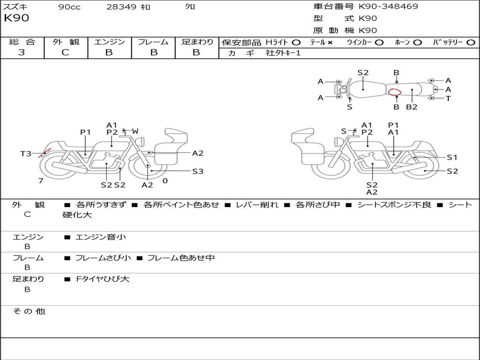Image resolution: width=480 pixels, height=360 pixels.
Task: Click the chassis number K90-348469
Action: (388, 7)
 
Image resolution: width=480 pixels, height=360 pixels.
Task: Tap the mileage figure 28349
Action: (121, 7)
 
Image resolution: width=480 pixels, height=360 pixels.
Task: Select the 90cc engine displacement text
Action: (69, 7)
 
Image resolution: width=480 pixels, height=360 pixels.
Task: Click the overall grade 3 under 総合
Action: (22, 52)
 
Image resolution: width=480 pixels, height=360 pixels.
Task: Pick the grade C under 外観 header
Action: (65, 52)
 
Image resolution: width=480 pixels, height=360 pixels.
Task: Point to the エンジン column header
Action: (109, 42)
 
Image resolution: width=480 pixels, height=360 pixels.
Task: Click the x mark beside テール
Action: (330, 43)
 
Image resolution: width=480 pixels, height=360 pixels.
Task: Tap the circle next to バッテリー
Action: (471, 43)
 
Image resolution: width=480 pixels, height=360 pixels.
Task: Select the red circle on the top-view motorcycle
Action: (395, 92)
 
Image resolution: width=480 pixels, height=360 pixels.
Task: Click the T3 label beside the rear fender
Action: (26, 153)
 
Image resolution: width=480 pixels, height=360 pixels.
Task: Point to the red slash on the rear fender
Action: (45, 153)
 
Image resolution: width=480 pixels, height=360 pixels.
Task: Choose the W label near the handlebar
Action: (135, 131)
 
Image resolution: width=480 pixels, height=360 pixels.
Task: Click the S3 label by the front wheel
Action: (198, 172)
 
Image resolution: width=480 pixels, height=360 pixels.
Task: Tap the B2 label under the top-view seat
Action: (412, 107)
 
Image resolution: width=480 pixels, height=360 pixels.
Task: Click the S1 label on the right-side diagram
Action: (452, 157)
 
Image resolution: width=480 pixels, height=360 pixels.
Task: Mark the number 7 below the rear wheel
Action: (41, 181)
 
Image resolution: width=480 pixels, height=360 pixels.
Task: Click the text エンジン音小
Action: (101, 237)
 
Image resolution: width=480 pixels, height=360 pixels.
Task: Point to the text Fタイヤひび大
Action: (103, 279)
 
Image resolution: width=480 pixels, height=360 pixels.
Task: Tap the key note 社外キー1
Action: (283, 53)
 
